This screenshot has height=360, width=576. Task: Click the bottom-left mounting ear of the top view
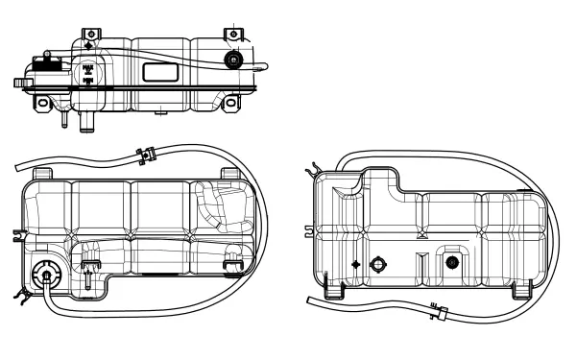coord(41,100)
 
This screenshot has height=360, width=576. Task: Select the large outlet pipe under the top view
coord(86,121)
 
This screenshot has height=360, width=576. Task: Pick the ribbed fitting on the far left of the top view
coord(20,83)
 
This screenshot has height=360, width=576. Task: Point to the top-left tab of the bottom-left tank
coord(41,173)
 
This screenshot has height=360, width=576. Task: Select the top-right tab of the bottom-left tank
coord(228,173)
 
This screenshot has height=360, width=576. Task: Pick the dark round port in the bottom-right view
coord(450,263)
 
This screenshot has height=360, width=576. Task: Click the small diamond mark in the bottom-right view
coord(356,264)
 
